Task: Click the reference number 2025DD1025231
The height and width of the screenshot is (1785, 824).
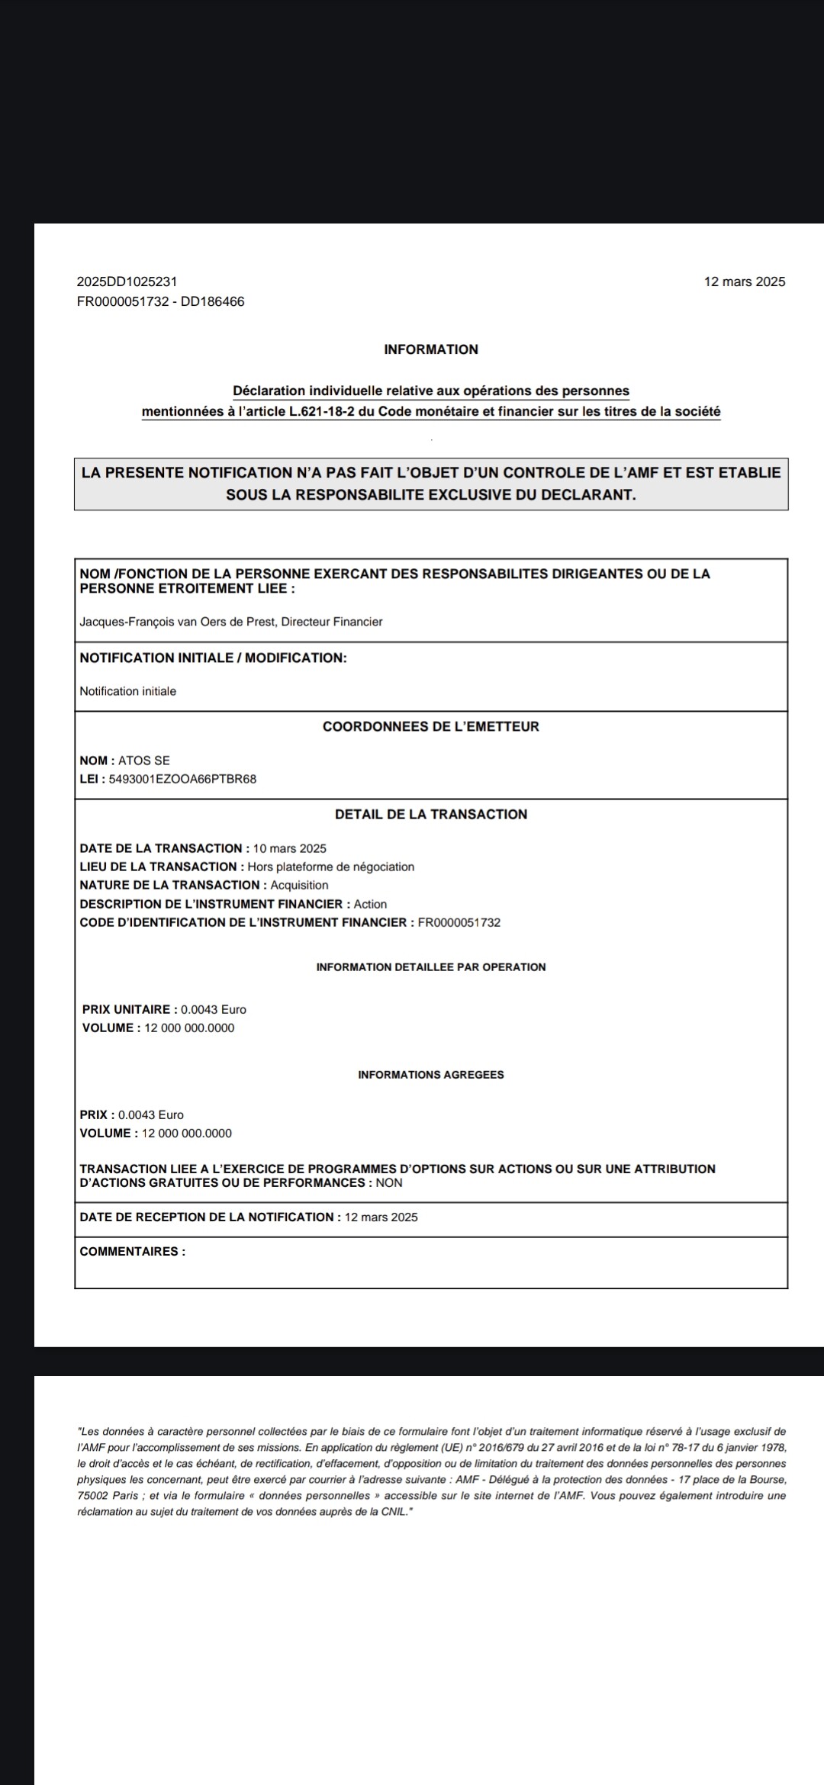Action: (127, 281)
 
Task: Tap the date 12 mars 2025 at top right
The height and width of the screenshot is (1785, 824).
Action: (744, 281)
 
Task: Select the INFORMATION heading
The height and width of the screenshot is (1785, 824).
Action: (431, 349)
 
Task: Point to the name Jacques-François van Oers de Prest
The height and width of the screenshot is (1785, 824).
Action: (178, 622)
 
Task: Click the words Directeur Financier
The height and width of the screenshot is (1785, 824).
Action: (332, 622)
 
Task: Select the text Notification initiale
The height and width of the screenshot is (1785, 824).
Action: (127, 691)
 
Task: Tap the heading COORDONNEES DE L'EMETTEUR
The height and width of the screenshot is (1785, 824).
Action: (431, 726)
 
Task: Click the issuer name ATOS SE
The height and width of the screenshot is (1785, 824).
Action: (144, 761)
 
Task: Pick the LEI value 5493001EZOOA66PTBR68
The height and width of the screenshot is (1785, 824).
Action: (183, 779)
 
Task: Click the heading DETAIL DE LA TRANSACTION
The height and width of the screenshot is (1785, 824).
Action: (431, 814)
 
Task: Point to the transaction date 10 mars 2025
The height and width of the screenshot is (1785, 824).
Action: (289, 848)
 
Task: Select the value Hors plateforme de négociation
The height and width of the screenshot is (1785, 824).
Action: (331, 867)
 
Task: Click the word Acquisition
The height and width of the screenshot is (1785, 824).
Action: (300, 885)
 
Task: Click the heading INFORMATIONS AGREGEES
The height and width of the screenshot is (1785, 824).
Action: (431, 1075)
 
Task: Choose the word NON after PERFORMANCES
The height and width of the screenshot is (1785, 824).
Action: (389, 1183)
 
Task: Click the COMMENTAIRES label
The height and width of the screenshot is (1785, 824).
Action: (132, 1251)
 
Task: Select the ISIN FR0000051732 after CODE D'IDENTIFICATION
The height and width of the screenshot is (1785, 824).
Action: (459, 922)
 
